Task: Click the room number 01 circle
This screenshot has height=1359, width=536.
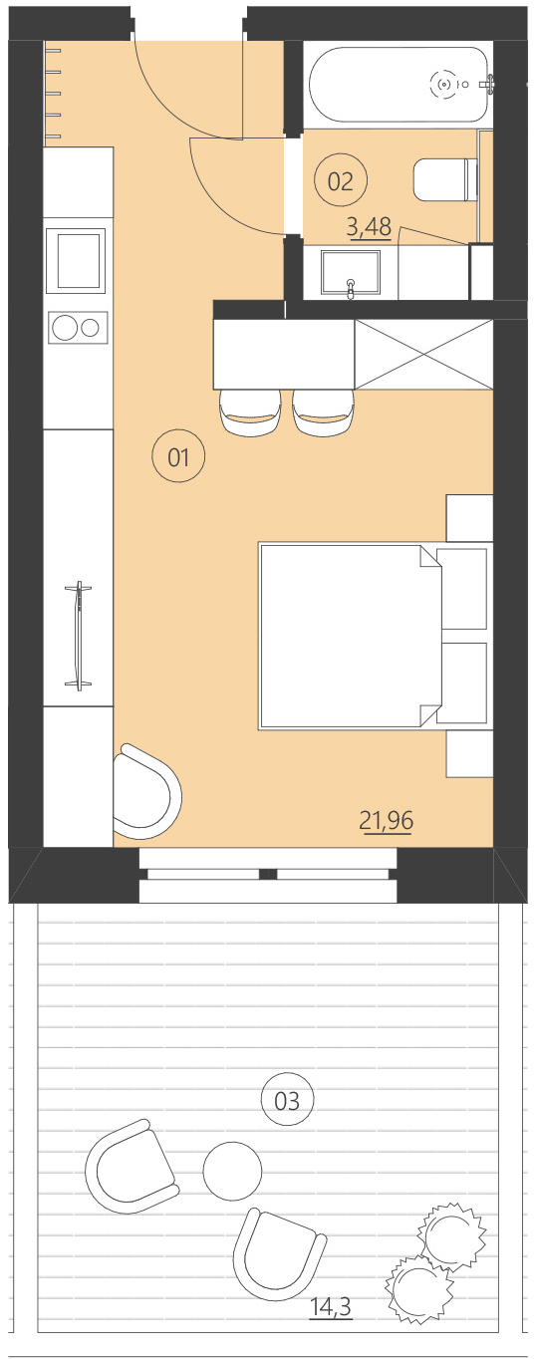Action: tap(177, 458)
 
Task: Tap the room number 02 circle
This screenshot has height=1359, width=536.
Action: tap(341, 180)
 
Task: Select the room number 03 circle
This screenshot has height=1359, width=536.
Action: tap(287, 1100)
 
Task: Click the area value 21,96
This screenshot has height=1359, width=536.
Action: tap(386, 821)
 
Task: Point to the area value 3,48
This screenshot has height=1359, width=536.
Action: tap(368, 227)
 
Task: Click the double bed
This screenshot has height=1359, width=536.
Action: tap(349, 637)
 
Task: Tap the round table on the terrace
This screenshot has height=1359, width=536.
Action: tap(232, 1170)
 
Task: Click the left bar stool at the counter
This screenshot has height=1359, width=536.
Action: tap(250, 412)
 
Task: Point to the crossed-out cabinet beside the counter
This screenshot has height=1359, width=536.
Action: tap(423, 354)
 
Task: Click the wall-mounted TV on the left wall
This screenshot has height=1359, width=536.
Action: tap(78, 635)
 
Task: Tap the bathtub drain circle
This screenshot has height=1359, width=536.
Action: tap(444, 85)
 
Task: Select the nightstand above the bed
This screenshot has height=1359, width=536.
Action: tap(469, 517)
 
